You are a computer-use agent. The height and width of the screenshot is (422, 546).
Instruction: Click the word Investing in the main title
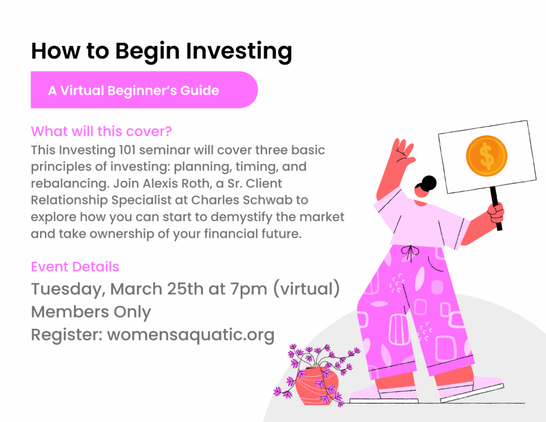coord(240,51)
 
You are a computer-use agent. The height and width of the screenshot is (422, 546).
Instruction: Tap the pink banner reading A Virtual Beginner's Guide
coord(144,90)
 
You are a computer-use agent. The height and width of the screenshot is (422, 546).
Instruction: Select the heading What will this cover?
coord(101,132)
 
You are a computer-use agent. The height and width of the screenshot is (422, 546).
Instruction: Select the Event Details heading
coord(75,266)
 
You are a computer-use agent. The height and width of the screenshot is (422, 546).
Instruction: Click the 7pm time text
coord(249,289)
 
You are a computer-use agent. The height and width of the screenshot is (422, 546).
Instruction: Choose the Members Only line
coord(91,312)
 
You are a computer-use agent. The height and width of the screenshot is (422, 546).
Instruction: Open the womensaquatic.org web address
coord(191,335)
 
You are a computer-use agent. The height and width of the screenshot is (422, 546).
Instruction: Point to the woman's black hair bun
coord(428,183)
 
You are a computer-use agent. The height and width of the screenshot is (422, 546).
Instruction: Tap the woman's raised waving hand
coord(401,153)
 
